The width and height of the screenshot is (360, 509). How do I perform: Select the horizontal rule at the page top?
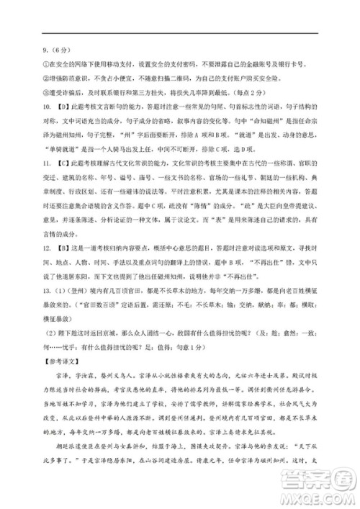pyautogui.click(x=179, y=32)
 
